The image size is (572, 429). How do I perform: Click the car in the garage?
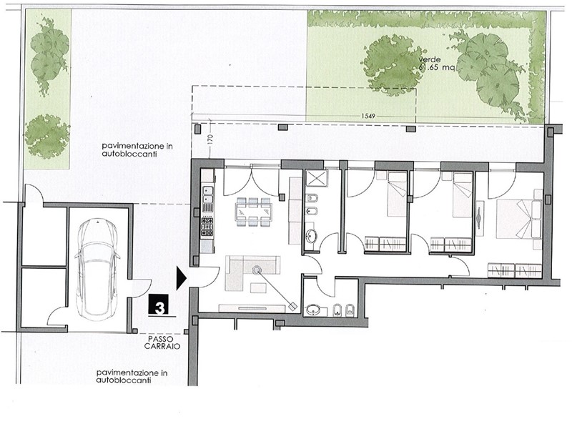coord(97,270)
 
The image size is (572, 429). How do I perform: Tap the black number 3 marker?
coord(158,305)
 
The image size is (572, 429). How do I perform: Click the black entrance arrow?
coord(182,278)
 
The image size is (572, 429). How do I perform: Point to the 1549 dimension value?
coord(368,116)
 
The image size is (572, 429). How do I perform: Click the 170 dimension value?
coord(209,139)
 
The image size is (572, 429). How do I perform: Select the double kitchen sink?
coord(208,194)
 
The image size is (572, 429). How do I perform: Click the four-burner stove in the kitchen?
coord(207,226)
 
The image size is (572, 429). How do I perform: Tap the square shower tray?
coord(316,178)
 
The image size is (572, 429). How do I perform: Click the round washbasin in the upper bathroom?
coord(311,236)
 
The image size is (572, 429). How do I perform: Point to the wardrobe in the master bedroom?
coord(515,271)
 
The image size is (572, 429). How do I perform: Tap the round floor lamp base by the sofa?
coord(257,270)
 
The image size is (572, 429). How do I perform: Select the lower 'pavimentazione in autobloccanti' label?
coord(132,377)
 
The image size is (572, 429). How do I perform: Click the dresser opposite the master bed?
coord(480,218)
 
